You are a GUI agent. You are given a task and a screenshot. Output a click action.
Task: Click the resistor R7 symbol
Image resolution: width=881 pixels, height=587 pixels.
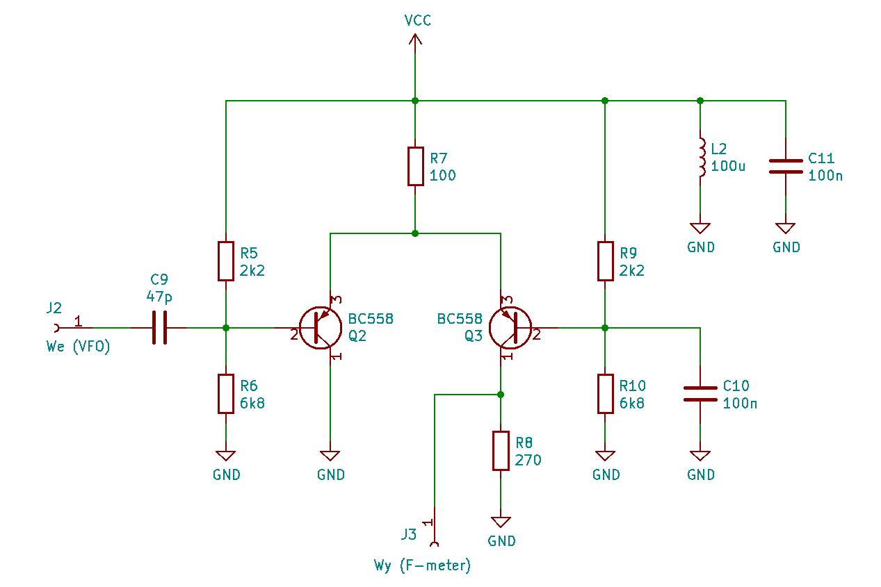click(415, 166)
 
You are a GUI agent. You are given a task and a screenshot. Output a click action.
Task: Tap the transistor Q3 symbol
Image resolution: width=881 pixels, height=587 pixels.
click(510, 327)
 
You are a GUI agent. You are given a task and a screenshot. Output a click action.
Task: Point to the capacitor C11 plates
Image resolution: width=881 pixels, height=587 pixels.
click(786, 166)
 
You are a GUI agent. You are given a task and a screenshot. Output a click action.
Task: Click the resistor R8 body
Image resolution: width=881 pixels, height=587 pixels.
click(501, 451)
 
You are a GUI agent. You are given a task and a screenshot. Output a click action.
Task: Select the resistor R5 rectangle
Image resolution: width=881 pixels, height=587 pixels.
click(226, 261)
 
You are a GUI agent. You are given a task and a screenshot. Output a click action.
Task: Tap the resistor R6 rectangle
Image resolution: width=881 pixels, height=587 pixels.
click(226, 394)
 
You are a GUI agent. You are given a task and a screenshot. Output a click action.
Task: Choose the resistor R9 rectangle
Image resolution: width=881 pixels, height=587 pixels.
click(605, 261)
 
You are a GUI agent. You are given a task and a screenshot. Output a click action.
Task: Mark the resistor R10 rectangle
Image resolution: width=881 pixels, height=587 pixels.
click(605, 394)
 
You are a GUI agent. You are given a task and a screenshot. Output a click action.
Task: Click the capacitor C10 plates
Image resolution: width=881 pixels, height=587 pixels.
click(700, 394)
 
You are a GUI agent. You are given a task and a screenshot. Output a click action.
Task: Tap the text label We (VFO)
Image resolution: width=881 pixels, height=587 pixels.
click(78, 347)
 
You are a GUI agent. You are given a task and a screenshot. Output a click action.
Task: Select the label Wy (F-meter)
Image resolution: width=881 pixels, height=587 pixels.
click(422, 565)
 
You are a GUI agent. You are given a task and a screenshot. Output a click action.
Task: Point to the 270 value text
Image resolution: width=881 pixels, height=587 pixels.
click(528, 460)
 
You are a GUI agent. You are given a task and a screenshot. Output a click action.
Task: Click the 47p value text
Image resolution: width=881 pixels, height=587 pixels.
click(159, 297)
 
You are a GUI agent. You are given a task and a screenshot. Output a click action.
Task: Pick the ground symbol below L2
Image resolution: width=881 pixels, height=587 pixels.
click(700, 228)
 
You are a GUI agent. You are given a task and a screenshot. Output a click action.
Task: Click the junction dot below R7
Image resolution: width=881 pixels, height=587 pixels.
click(415, 233)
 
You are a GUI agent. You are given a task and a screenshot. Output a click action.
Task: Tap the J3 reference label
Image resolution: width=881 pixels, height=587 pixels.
click(408, 534)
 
